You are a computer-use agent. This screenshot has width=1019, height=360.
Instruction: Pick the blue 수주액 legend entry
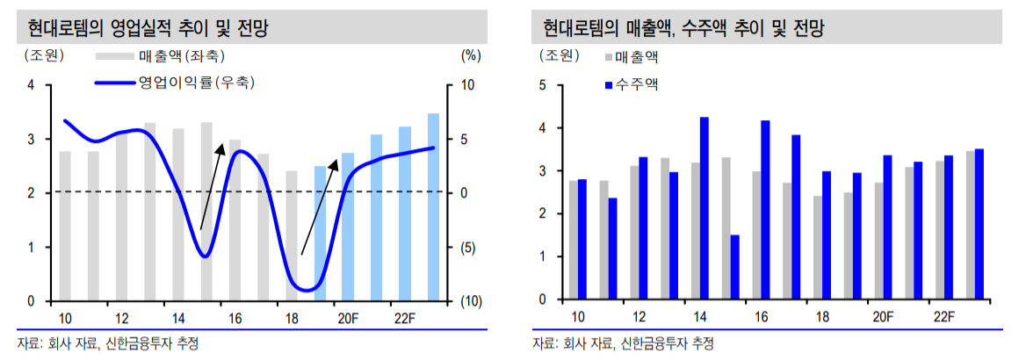(x=638, y=84)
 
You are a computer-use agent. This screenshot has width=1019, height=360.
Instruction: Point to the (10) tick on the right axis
(x=473, y=301)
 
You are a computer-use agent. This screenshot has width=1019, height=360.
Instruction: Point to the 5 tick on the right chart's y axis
(x=543, y=85)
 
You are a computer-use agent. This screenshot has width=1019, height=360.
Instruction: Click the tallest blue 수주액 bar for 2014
(x=705, y=208)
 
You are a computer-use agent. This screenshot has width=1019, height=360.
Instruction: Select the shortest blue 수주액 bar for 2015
(x=734, y=267)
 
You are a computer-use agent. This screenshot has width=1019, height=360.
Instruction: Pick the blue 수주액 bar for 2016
(x=765, y=210)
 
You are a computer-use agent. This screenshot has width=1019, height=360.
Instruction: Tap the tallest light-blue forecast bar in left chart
(x=434, y=207)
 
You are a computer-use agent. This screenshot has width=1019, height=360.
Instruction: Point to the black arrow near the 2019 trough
(x=319, y=207)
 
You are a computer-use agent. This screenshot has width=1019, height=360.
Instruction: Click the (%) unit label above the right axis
(x=471, y=55)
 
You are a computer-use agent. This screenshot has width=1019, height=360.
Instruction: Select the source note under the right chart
(x=623, y=342)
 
